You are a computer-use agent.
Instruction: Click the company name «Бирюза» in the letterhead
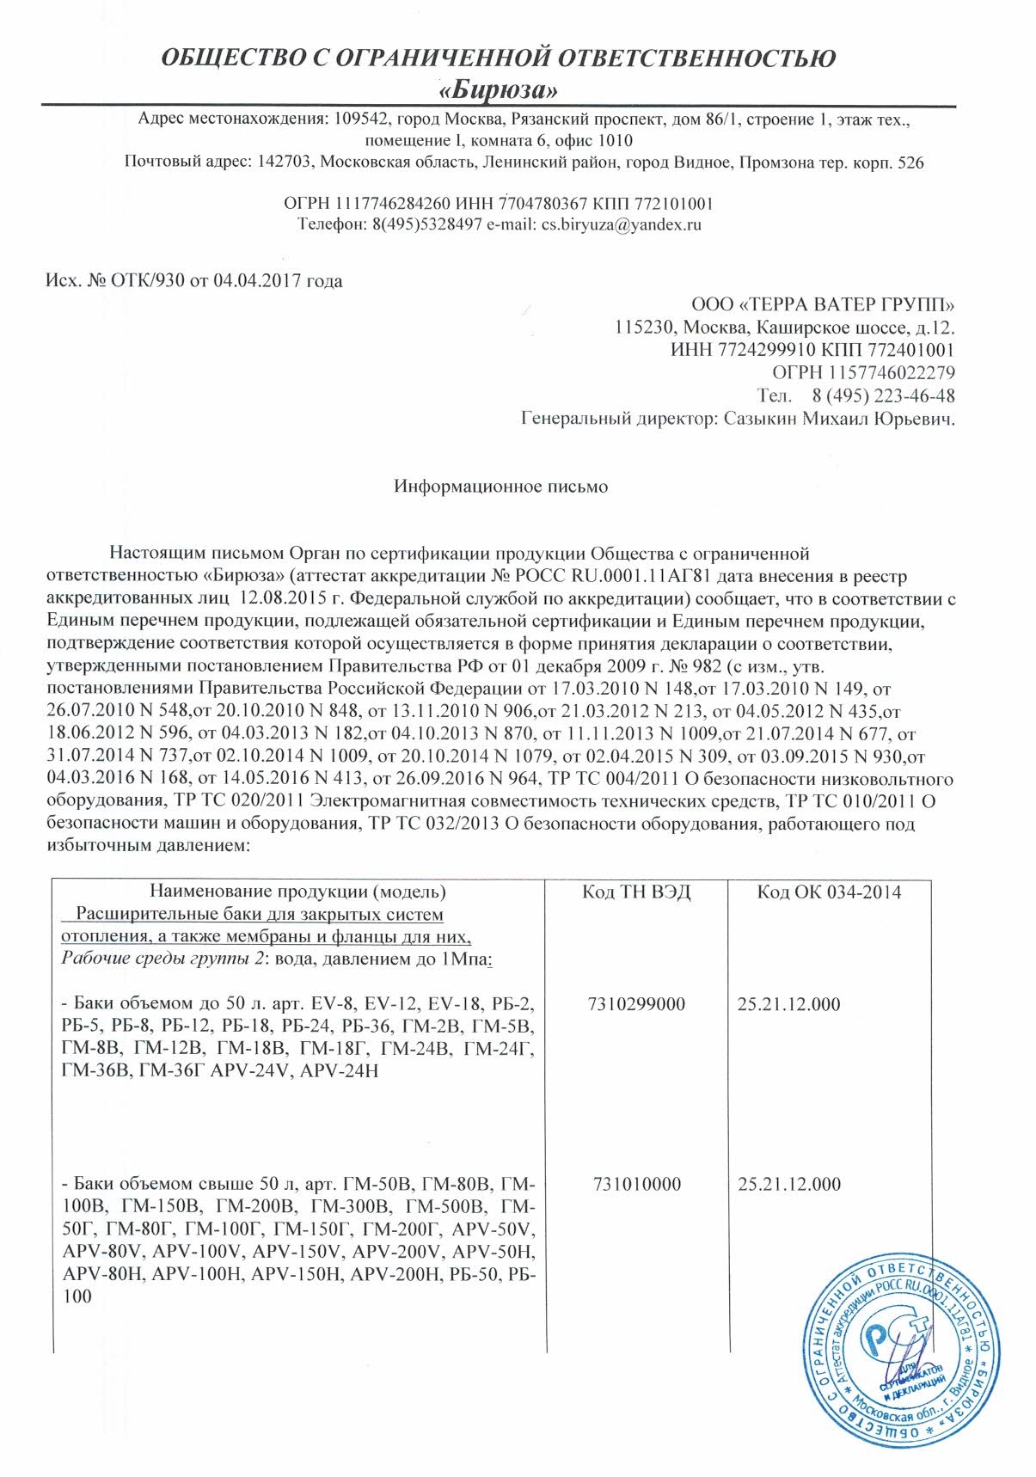[x=500, y=89]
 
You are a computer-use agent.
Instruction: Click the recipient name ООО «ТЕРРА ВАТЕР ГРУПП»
[x=823, y=304]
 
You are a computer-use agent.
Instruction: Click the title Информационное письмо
[x=500, y=487]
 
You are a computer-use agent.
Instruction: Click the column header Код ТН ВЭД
[x=636, y=892]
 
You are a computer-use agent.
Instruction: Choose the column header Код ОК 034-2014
[x=829, y=892]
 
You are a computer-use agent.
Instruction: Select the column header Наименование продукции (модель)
[x=298, y=892]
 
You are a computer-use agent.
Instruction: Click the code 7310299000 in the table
[x=637, y=1004]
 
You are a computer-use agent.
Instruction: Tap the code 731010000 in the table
[x=637, y=1185]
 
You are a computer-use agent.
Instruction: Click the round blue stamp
[x=899, y=1352]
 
